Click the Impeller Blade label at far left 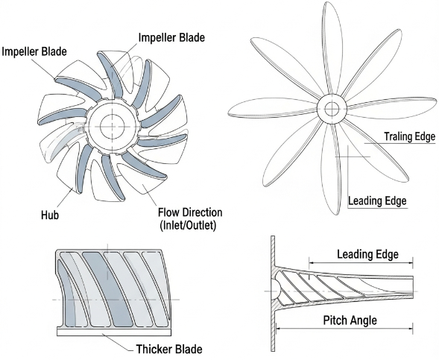[35, 51]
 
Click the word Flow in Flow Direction [171, 210]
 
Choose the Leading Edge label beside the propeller [378, 200]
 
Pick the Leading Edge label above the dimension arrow [367, 255]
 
